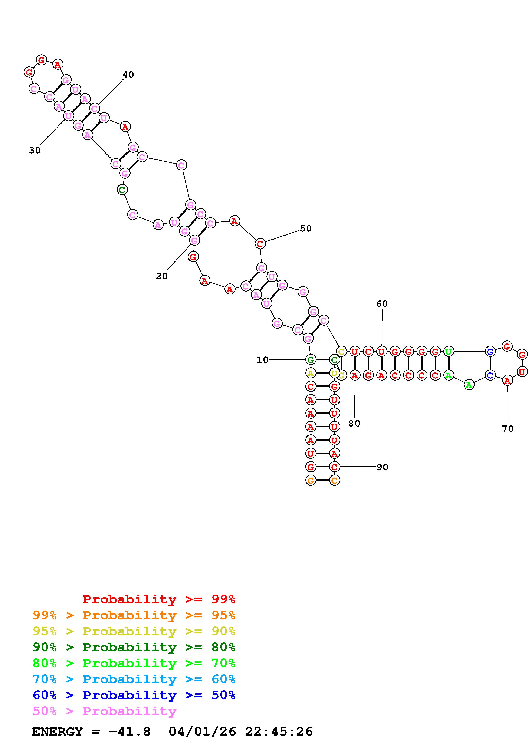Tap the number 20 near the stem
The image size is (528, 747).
162,276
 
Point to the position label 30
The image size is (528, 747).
35,150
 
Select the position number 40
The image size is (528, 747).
128,75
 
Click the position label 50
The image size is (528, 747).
306,228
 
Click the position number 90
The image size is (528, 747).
382,467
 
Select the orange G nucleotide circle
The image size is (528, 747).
311,480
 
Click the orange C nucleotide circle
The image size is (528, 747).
334,480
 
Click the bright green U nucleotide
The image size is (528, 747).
449,351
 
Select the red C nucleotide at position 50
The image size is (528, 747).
260,243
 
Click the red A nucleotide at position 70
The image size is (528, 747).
507,380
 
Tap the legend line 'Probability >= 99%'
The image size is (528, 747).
159,599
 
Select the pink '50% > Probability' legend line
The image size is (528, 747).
104,711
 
